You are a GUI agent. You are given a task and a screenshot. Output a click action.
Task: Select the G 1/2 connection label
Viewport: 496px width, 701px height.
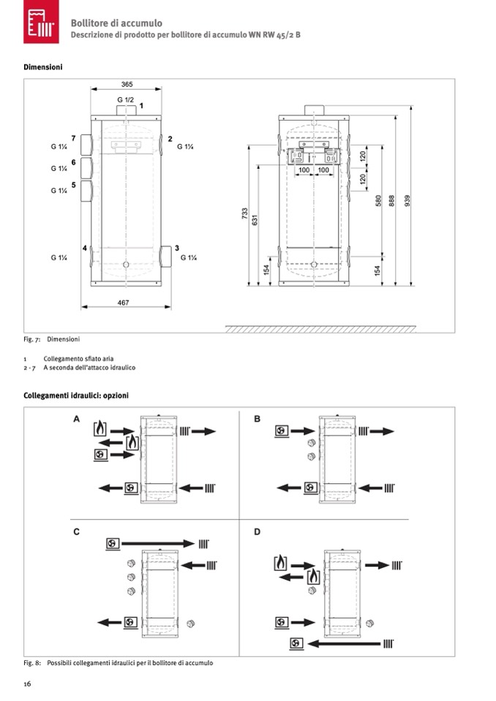(x=125, y=99)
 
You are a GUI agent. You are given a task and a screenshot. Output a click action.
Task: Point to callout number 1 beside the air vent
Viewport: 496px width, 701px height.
(x=142, y=106)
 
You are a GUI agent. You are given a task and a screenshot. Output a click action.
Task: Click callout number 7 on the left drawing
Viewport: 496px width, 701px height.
(x=74, y=138)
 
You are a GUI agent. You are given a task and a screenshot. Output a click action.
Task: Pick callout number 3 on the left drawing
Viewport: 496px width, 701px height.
(x=176, y=249)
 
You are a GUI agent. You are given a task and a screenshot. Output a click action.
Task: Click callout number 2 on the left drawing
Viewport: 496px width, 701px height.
(x=170, y=138)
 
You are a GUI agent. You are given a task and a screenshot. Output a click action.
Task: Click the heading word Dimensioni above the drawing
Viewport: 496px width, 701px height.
(x=43, y=67)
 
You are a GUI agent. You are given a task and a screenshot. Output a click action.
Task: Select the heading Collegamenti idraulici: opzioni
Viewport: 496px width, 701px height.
(x=76, y=395)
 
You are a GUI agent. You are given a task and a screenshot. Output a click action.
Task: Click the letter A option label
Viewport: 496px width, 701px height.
(x=77, y=419)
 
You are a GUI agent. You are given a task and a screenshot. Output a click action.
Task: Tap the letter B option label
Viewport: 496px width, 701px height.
(x=257, y=419)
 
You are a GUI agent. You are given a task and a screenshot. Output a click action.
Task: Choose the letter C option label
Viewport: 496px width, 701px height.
(x=77, y=531)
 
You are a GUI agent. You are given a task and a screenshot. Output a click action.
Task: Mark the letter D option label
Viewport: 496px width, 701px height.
(x=257, y=531)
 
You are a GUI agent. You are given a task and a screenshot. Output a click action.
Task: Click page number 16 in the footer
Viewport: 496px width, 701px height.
(x=27, y=683)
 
